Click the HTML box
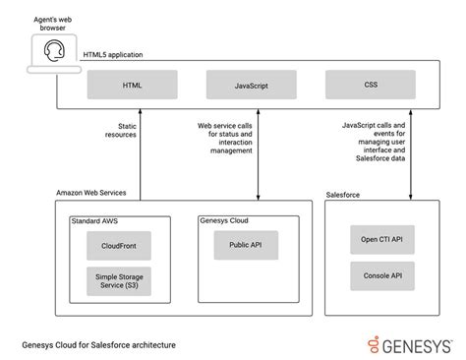131,86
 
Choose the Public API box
247,245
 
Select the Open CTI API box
381,239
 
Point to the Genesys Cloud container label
224,221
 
